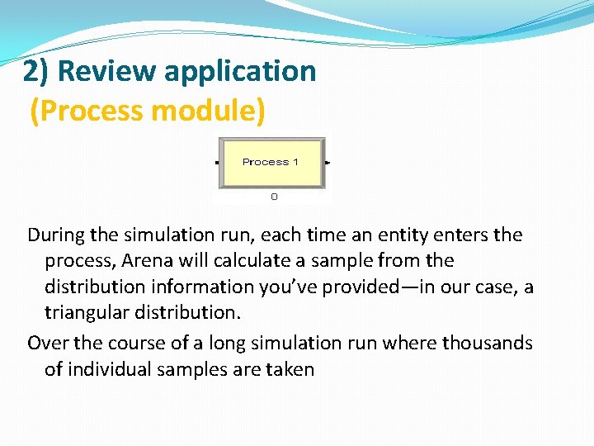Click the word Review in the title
click(x=107, y=72)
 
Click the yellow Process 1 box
click(x=271, y=162)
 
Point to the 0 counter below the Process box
click(x=274, y=197)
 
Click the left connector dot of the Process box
click(x=217, y=163)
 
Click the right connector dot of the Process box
click(x=328, y=163)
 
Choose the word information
click(x=204, y=287)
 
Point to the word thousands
click(x=490, y=343)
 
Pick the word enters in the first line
click(x=463, y=235)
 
